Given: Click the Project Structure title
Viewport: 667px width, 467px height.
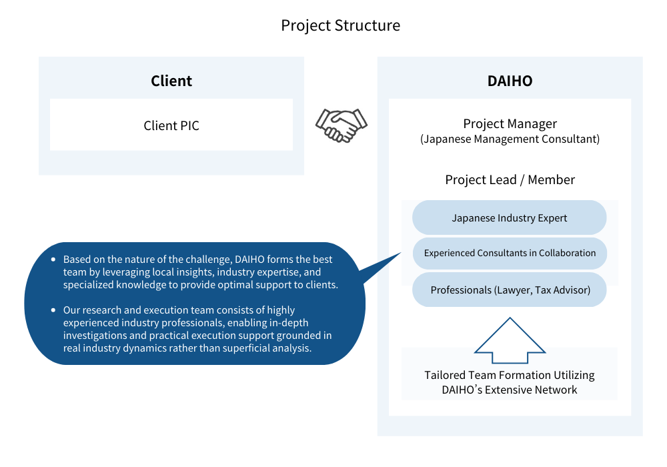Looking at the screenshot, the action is click(x=340, y=25).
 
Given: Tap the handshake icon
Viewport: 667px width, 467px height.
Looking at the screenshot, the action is click(x=341, y=125).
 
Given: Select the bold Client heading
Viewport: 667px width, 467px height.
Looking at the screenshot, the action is click(x=171, y=81).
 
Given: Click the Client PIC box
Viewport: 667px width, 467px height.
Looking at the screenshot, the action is click(x=171, y=125).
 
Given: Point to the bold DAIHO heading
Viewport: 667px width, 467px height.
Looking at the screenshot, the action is click(x=510, y=81).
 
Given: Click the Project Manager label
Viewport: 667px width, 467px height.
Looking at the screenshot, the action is click(x=510, y=124).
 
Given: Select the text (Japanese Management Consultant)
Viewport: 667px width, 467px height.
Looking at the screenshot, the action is click(x=510, y=139).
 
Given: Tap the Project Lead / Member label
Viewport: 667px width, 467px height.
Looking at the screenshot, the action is click(x=510, y=180).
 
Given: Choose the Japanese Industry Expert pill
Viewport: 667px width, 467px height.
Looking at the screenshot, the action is click(x=509, y=217).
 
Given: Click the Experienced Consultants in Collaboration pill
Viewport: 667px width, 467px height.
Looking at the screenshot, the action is click(x=510, y=253).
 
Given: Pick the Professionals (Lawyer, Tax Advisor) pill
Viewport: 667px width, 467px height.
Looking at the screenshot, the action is click(x=509, y=290).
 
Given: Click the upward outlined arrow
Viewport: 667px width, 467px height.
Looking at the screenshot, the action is click(x=510, y=340).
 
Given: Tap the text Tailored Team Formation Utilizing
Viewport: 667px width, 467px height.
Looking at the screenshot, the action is click(x=510, y=375).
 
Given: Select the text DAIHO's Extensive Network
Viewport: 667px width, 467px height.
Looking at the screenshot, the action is click(x=510, y=390).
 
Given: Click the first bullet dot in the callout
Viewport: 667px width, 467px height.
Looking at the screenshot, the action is click(x=53, y=259).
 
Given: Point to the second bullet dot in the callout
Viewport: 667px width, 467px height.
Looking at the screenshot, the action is click(x=53, y=310).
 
